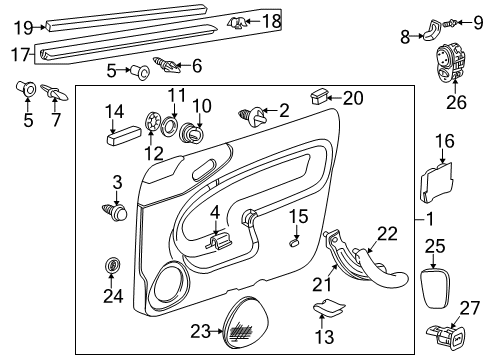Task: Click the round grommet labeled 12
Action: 153,123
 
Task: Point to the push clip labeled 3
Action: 118,212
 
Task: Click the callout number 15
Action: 299,216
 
